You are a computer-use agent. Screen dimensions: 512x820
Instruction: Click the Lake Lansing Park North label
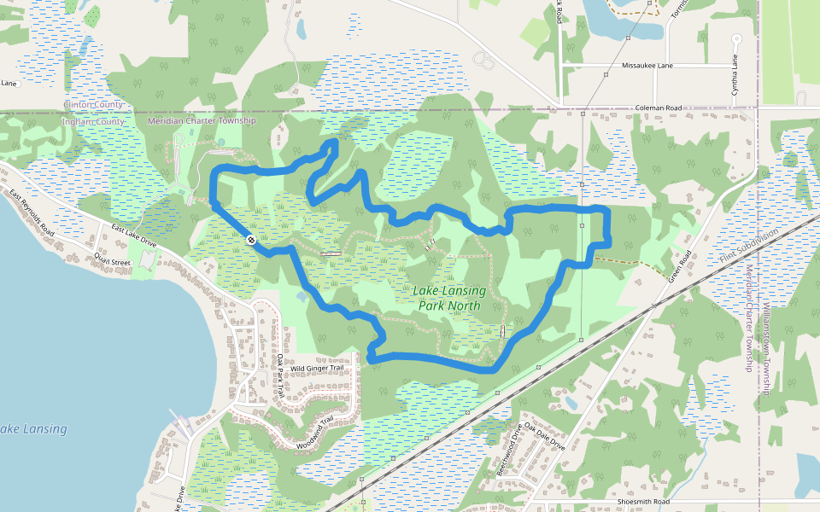449,298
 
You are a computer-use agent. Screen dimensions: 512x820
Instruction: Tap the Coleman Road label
658,108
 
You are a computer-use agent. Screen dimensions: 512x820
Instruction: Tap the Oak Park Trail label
279,376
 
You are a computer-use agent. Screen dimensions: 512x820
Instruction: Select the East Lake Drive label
133,236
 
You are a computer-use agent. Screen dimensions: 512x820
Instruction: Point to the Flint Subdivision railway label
749,247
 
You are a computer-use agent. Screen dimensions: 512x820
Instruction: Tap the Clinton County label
93,105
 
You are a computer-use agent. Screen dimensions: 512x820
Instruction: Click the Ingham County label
93,122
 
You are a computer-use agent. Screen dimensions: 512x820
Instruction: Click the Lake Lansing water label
32,428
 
